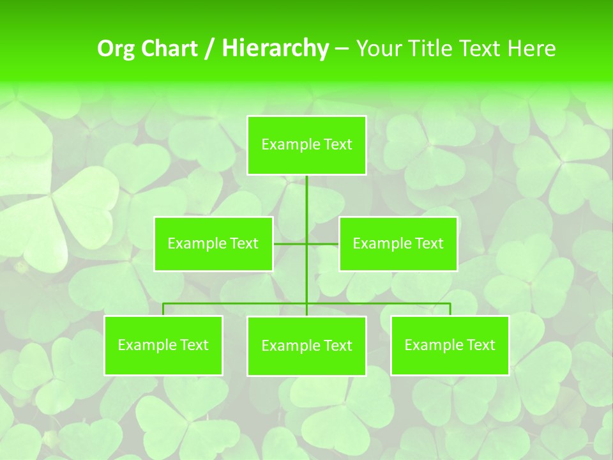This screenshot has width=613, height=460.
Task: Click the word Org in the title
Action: tap(117, 49)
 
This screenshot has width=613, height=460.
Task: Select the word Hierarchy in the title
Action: tap(275, 49)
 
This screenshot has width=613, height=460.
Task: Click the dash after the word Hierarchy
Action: tap(342, 49)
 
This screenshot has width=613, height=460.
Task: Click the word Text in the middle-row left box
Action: tap(244, 243)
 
